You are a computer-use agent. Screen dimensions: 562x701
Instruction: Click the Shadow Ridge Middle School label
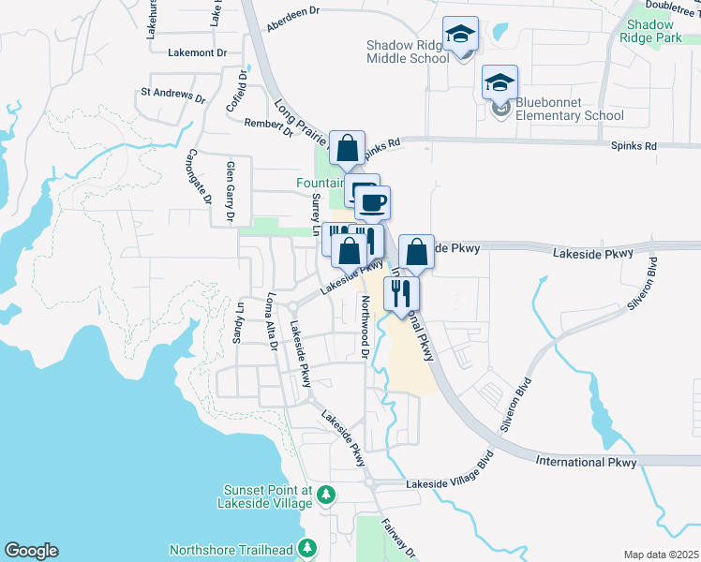point(408,52)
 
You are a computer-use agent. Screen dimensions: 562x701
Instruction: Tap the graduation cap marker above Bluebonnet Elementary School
point(500,81)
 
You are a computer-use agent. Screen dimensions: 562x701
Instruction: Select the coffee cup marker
point(372,202)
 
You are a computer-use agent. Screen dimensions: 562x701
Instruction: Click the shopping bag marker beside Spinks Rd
point(347,147)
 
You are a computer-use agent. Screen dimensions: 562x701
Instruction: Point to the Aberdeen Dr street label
point(294,23)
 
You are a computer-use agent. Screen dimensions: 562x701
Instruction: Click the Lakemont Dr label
point(198,53)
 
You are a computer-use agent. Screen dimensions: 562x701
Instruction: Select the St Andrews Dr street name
point(172,95)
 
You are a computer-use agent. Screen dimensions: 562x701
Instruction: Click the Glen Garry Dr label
point(229,192)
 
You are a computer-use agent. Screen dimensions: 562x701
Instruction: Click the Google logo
point(31,551)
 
